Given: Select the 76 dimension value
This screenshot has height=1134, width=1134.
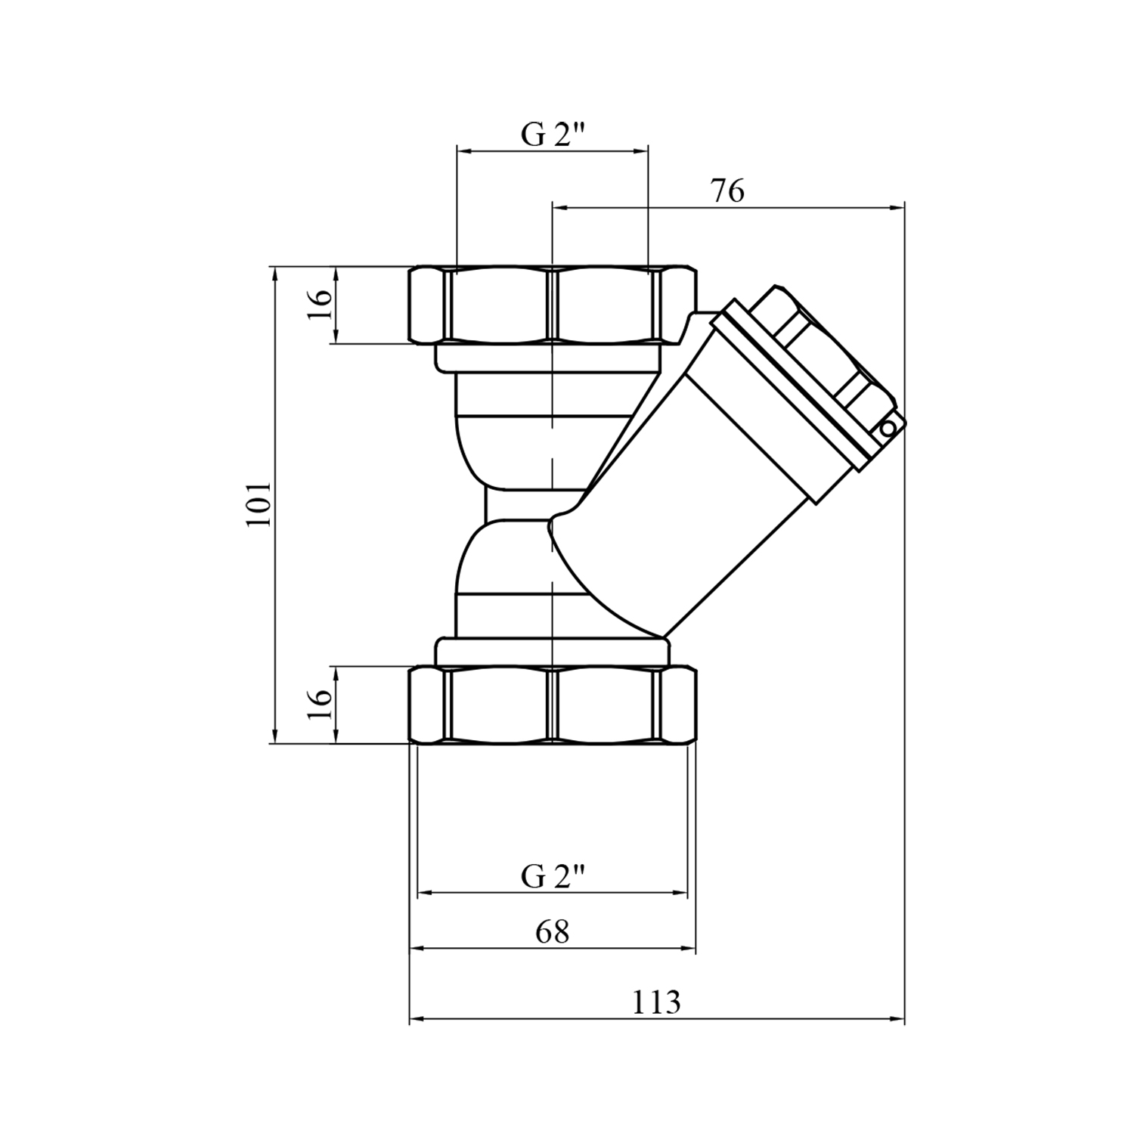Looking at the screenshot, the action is pos(727,191).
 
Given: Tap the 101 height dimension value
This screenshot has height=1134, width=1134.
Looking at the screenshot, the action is pos(259,505).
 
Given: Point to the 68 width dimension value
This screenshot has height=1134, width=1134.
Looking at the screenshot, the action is pos(552,932).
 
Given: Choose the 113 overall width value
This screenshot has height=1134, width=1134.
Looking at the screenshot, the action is pos(656,1003).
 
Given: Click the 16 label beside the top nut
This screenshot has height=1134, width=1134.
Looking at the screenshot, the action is pos(321,305).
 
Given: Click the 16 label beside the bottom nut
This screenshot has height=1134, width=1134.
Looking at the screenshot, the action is pos(321,705).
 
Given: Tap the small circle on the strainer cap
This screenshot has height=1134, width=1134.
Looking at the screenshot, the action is pos(887,429).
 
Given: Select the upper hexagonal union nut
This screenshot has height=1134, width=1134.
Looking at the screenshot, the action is pos(553,305).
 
